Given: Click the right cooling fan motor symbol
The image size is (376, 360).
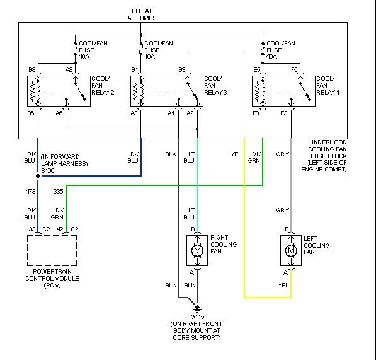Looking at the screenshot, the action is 197,250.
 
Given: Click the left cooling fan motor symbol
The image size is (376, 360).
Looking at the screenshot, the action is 291,250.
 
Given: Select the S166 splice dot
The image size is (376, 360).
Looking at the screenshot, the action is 38,176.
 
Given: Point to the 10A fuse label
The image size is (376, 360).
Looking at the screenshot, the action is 150,57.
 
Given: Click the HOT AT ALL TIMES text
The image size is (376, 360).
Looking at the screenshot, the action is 142,15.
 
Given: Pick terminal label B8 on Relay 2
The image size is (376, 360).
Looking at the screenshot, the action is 32,69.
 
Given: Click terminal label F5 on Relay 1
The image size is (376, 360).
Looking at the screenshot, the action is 294,69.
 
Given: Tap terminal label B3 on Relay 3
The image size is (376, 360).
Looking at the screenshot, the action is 182,69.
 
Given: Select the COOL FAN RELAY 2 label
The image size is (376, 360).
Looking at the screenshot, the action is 103,86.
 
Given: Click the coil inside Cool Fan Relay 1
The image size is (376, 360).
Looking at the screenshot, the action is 258,91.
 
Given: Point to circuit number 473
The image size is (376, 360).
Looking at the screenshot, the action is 30,191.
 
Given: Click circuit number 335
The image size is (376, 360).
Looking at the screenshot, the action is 59,191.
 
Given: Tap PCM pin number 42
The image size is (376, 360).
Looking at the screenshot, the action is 60,229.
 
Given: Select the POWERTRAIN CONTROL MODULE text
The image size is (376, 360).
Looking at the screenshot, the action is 52,275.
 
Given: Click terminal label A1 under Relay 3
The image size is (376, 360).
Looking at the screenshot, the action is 171,113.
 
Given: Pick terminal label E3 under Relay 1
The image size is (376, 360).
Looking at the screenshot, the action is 283,113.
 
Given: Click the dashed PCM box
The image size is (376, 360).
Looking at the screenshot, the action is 52,235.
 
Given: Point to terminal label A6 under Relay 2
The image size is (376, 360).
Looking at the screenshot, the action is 59,113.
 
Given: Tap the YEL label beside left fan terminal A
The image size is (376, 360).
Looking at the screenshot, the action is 283,286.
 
